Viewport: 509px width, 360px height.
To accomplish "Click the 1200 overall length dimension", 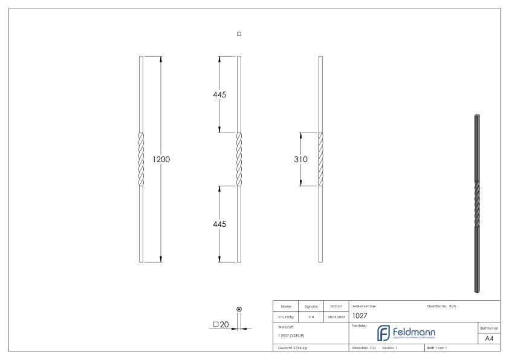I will (161, 160).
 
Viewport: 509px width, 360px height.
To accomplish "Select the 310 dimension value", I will (301, 160).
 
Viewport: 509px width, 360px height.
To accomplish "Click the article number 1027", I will (360, 315).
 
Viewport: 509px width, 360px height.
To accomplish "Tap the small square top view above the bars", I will (239, 34).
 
